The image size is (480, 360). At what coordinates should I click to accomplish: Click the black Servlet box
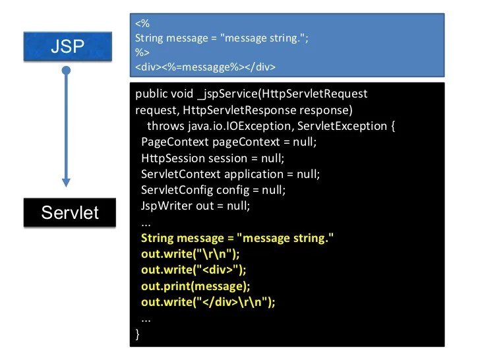click(70, 212)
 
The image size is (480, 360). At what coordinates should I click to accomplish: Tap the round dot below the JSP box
click(66, 70)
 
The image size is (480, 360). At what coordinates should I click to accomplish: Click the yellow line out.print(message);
click(196, 285)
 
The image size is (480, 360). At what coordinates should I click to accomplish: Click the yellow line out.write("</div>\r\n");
click(208, 301)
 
